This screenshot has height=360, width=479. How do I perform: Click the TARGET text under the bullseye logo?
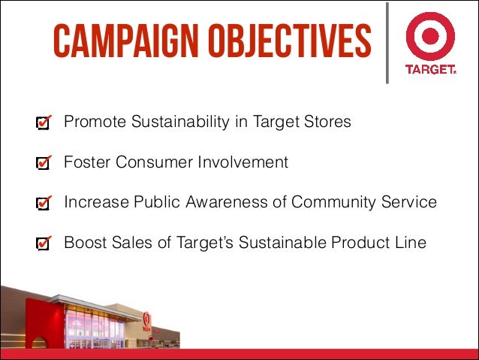430,68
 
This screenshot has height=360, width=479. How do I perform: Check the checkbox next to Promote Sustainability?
44,123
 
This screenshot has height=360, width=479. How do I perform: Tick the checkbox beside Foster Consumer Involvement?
44,162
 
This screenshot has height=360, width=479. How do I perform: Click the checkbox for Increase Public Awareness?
44,203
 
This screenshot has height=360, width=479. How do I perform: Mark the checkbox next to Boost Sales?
44,244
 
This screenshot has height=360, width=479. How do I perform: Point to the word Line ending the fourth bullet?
411,243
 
